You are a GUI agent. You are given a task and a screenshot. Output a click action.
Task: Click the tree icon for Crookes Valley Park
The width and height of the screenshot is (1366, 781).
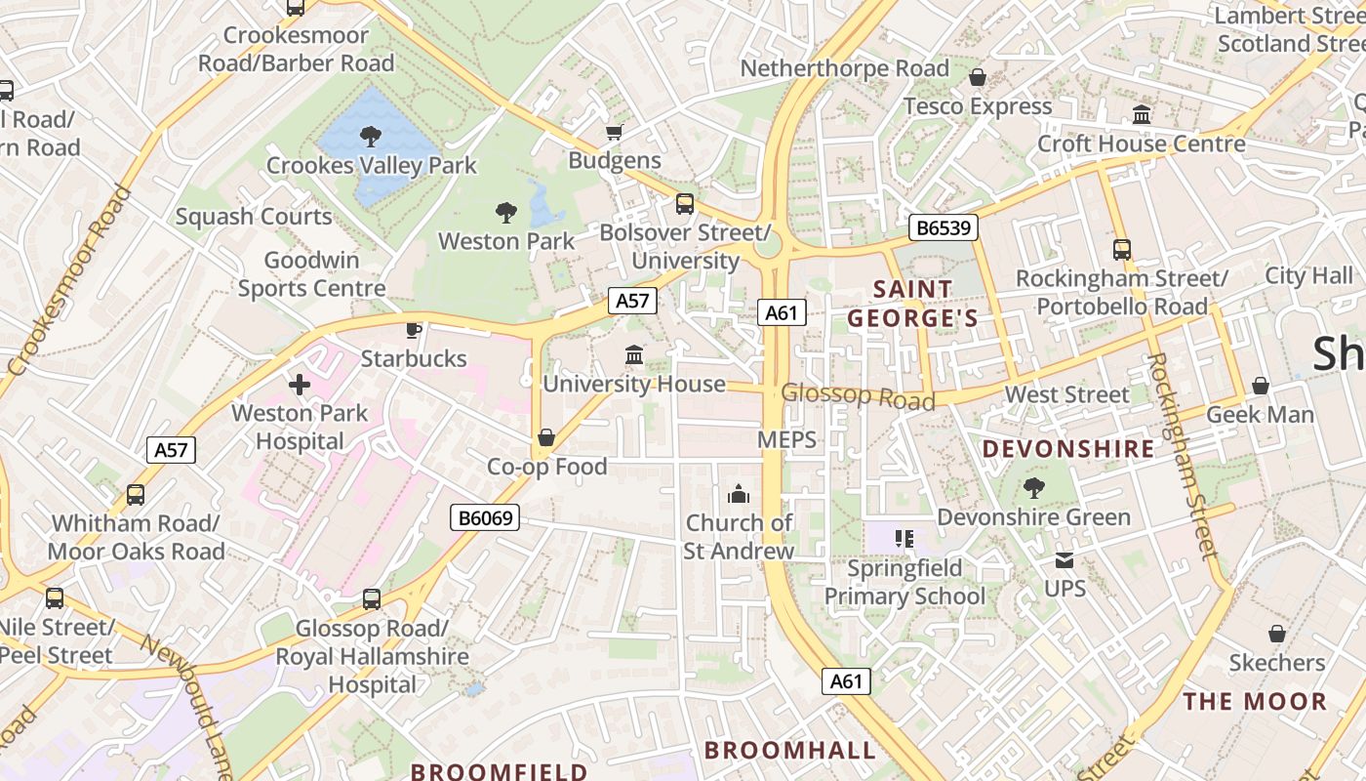[371, 136]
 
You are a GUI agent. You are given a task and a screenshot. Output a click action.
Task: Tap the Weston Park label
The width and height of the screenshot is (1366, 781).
[506, 240]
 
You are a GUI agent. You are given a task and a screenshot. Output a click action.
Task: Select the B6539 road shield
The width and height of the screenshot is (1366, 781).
[944, 227]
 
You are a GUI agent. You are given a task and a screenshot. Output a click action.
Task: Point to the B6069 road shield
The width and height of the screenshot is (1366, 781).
[485, 517]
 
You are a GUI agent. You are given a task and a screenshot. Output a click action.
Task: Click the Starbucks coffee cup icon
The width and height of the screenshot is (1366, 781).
[414, 329]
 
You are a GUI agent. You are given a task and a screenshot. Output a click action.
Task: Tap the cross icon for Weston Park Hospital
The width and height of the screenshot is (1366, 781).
[300, 385]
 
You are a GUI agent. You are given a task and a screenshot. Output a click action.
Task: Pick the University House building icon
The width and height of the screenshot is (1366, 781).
[634, 354]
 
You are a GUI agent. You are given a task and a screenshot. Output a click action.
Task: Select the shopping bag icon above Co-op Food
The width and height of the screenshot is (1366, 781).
[546, 437]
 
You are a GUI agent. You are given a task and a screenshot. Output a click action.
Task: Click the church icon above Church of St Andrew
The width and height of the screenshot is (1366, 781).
[739, 494]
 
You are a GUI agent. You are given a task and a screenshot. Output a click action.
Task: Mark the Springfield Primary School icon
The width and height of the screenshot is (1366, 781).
[904, 538]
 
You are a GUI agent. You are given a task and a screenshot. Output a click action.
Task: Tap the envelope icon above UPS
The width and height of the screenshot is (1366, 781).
[1064, 560]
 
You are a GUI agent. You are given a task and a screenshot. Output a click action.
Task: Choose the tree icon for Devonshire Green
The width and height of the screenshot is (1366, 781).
[1033, 488]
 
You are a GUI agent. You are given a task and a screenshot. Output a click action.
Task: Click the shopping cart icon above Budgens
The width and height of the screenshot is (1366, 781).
[615, 132]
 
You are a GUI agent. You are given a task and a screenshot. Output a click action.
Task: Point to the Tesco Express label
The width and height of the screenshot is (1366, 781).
[978, 105]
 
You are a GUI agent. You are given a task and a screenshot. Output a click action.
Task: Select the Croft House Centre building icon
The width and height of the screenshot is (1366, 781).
[1142, 115]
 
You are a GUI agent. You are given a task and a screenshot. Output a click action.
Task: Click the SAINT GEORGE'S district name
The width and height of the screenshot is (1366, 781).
[912, 304]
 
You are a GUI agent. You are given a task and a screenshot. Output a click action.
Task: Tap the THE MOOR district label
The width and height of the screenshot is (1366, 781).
[1255, 701]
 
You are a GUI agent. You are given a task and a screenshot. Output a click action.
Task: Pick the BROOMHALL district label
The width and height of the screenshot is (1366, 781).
[790, 750]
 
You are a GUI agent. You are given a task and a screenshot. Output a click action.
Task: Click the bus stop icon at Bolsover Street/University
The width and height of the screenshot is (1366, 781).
[685, 204]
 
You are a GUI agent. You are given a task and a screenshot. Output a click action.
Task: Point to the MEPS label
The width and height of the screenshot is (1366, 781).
[786, 439]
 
